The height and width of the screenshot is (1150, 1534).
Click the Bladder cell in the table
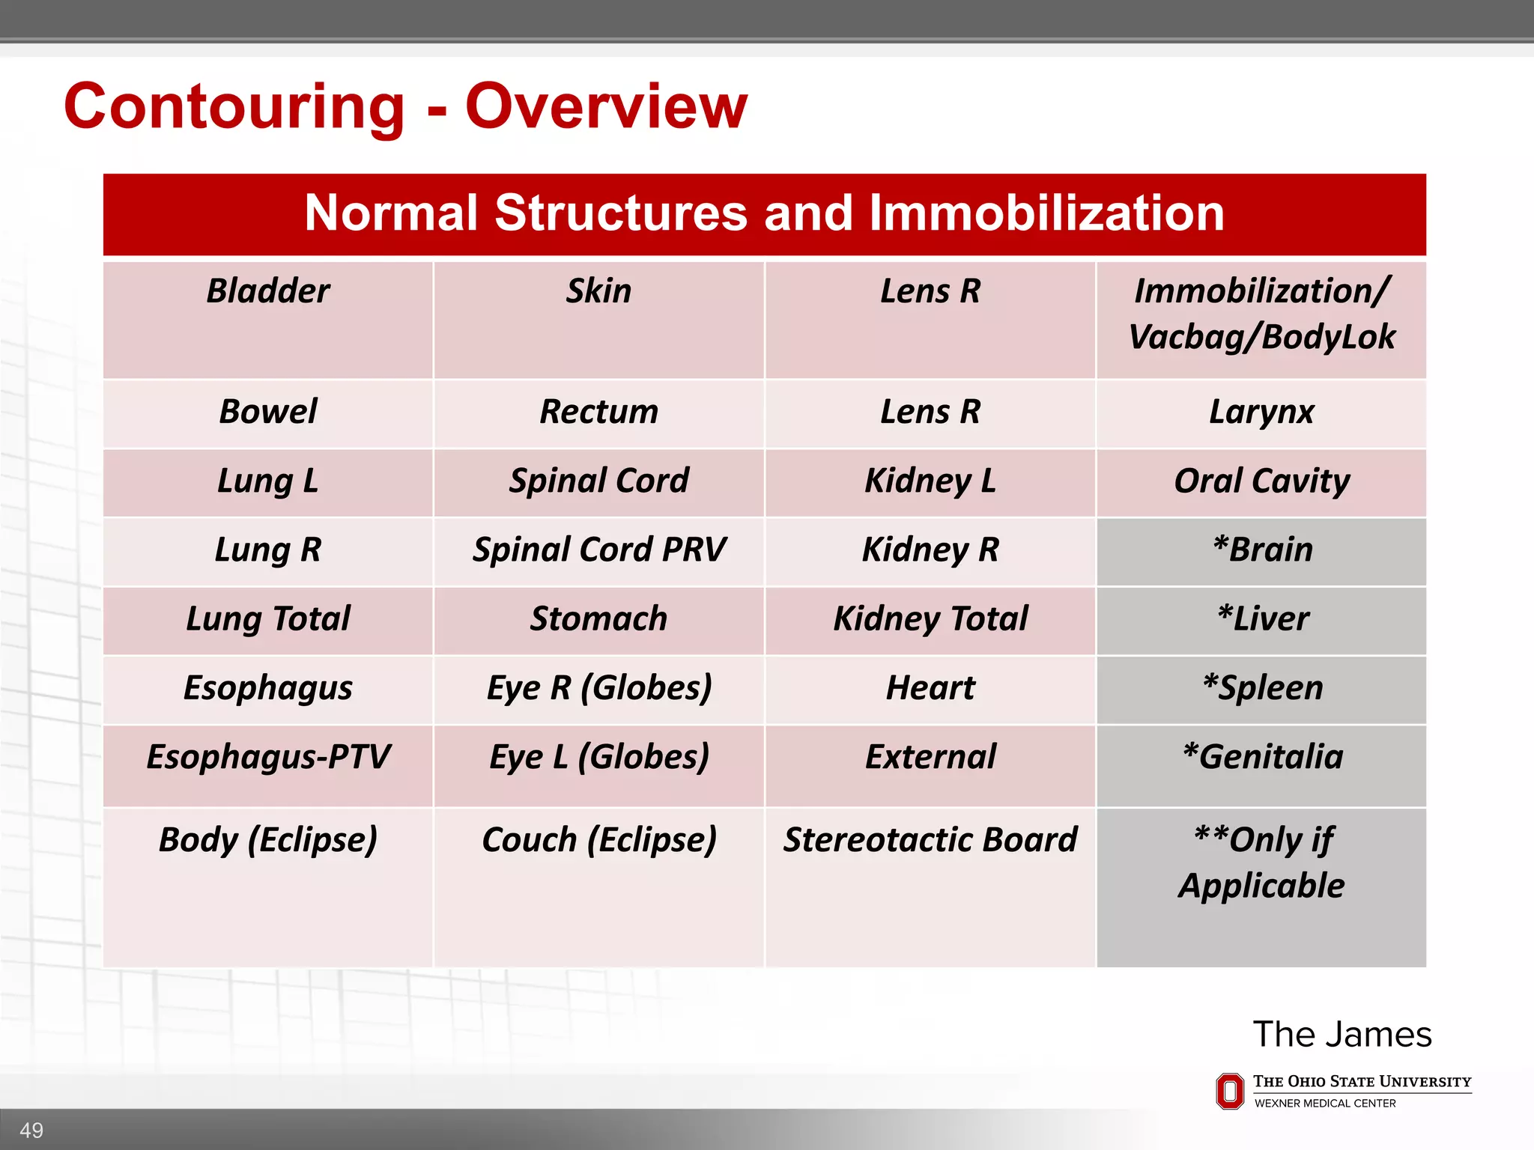coord(268,291)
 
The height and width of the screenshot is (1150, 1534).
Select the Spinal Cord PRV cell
coord(598,550)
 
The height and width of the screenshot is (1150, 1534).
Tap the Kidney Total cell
coord(930,619)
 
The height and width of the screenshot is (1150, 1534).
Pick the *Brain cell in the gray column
coord(1262,550)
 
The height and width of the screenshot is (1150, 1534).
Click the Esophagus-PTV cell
coord(268,757)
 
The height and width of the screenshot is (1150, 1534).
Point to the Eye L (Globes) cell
coord(598,757)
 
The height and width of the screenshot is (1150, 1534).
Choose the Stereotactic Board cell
coord(930,840)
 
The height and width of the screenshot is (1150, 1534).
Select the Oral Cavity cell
coord(1262,481)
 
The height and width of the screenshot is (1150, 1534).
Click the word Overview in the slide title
coord(606,106)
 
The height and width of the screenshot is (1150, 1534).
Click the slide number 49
coord(31,1130)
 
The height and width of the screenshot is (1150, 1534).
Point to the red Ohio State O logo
coord(1229,1091)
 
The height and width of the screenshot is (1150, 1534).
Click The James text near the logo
coord(1342,1035)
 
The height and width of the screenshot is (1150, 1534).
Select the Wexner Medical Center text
coord(1324,1104)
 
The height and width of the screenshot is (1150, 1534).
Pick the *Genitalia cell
coord(1262,757)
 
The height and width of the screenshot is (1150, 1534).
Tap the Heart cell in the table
coord(930,688)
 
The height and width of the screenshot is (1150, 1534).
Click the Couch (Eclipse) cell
coord(598,840)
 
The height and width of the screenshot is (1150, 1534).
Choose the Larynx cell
coord(1262,413)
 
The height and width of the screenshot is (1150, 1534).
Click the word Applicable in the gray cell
coord(1262,886)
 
